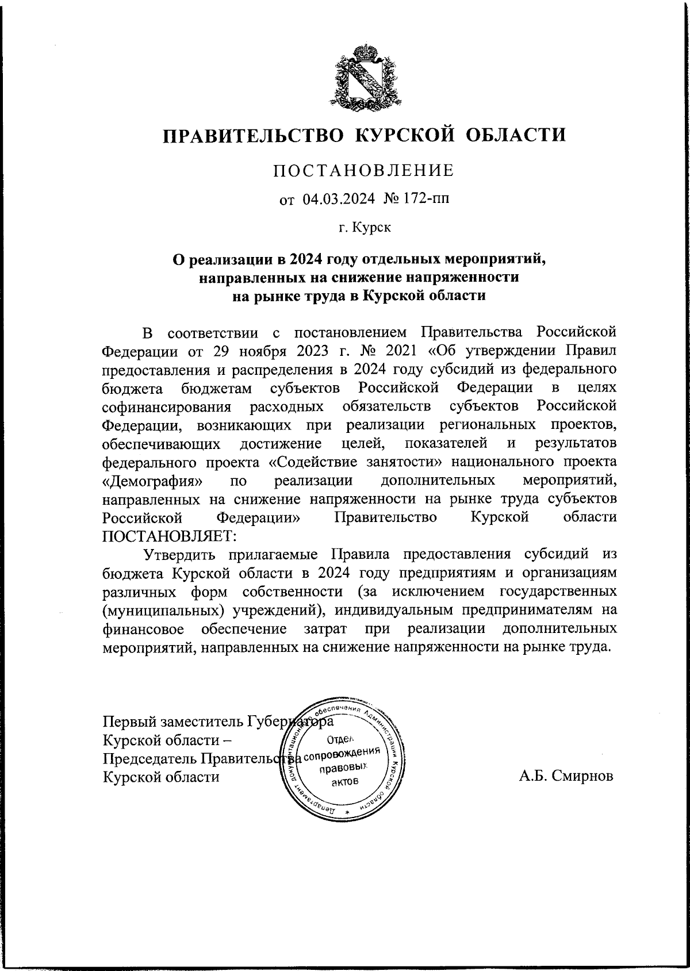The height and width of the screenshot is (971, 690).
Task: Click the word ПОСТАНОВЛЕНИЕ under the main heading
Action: (x=363, y=171)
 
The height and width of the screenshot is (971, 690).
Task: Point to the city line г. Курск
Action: (x=365, y=228)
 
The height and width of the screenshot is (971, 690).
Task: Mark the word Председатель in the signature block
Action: (x=149, y=758)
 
